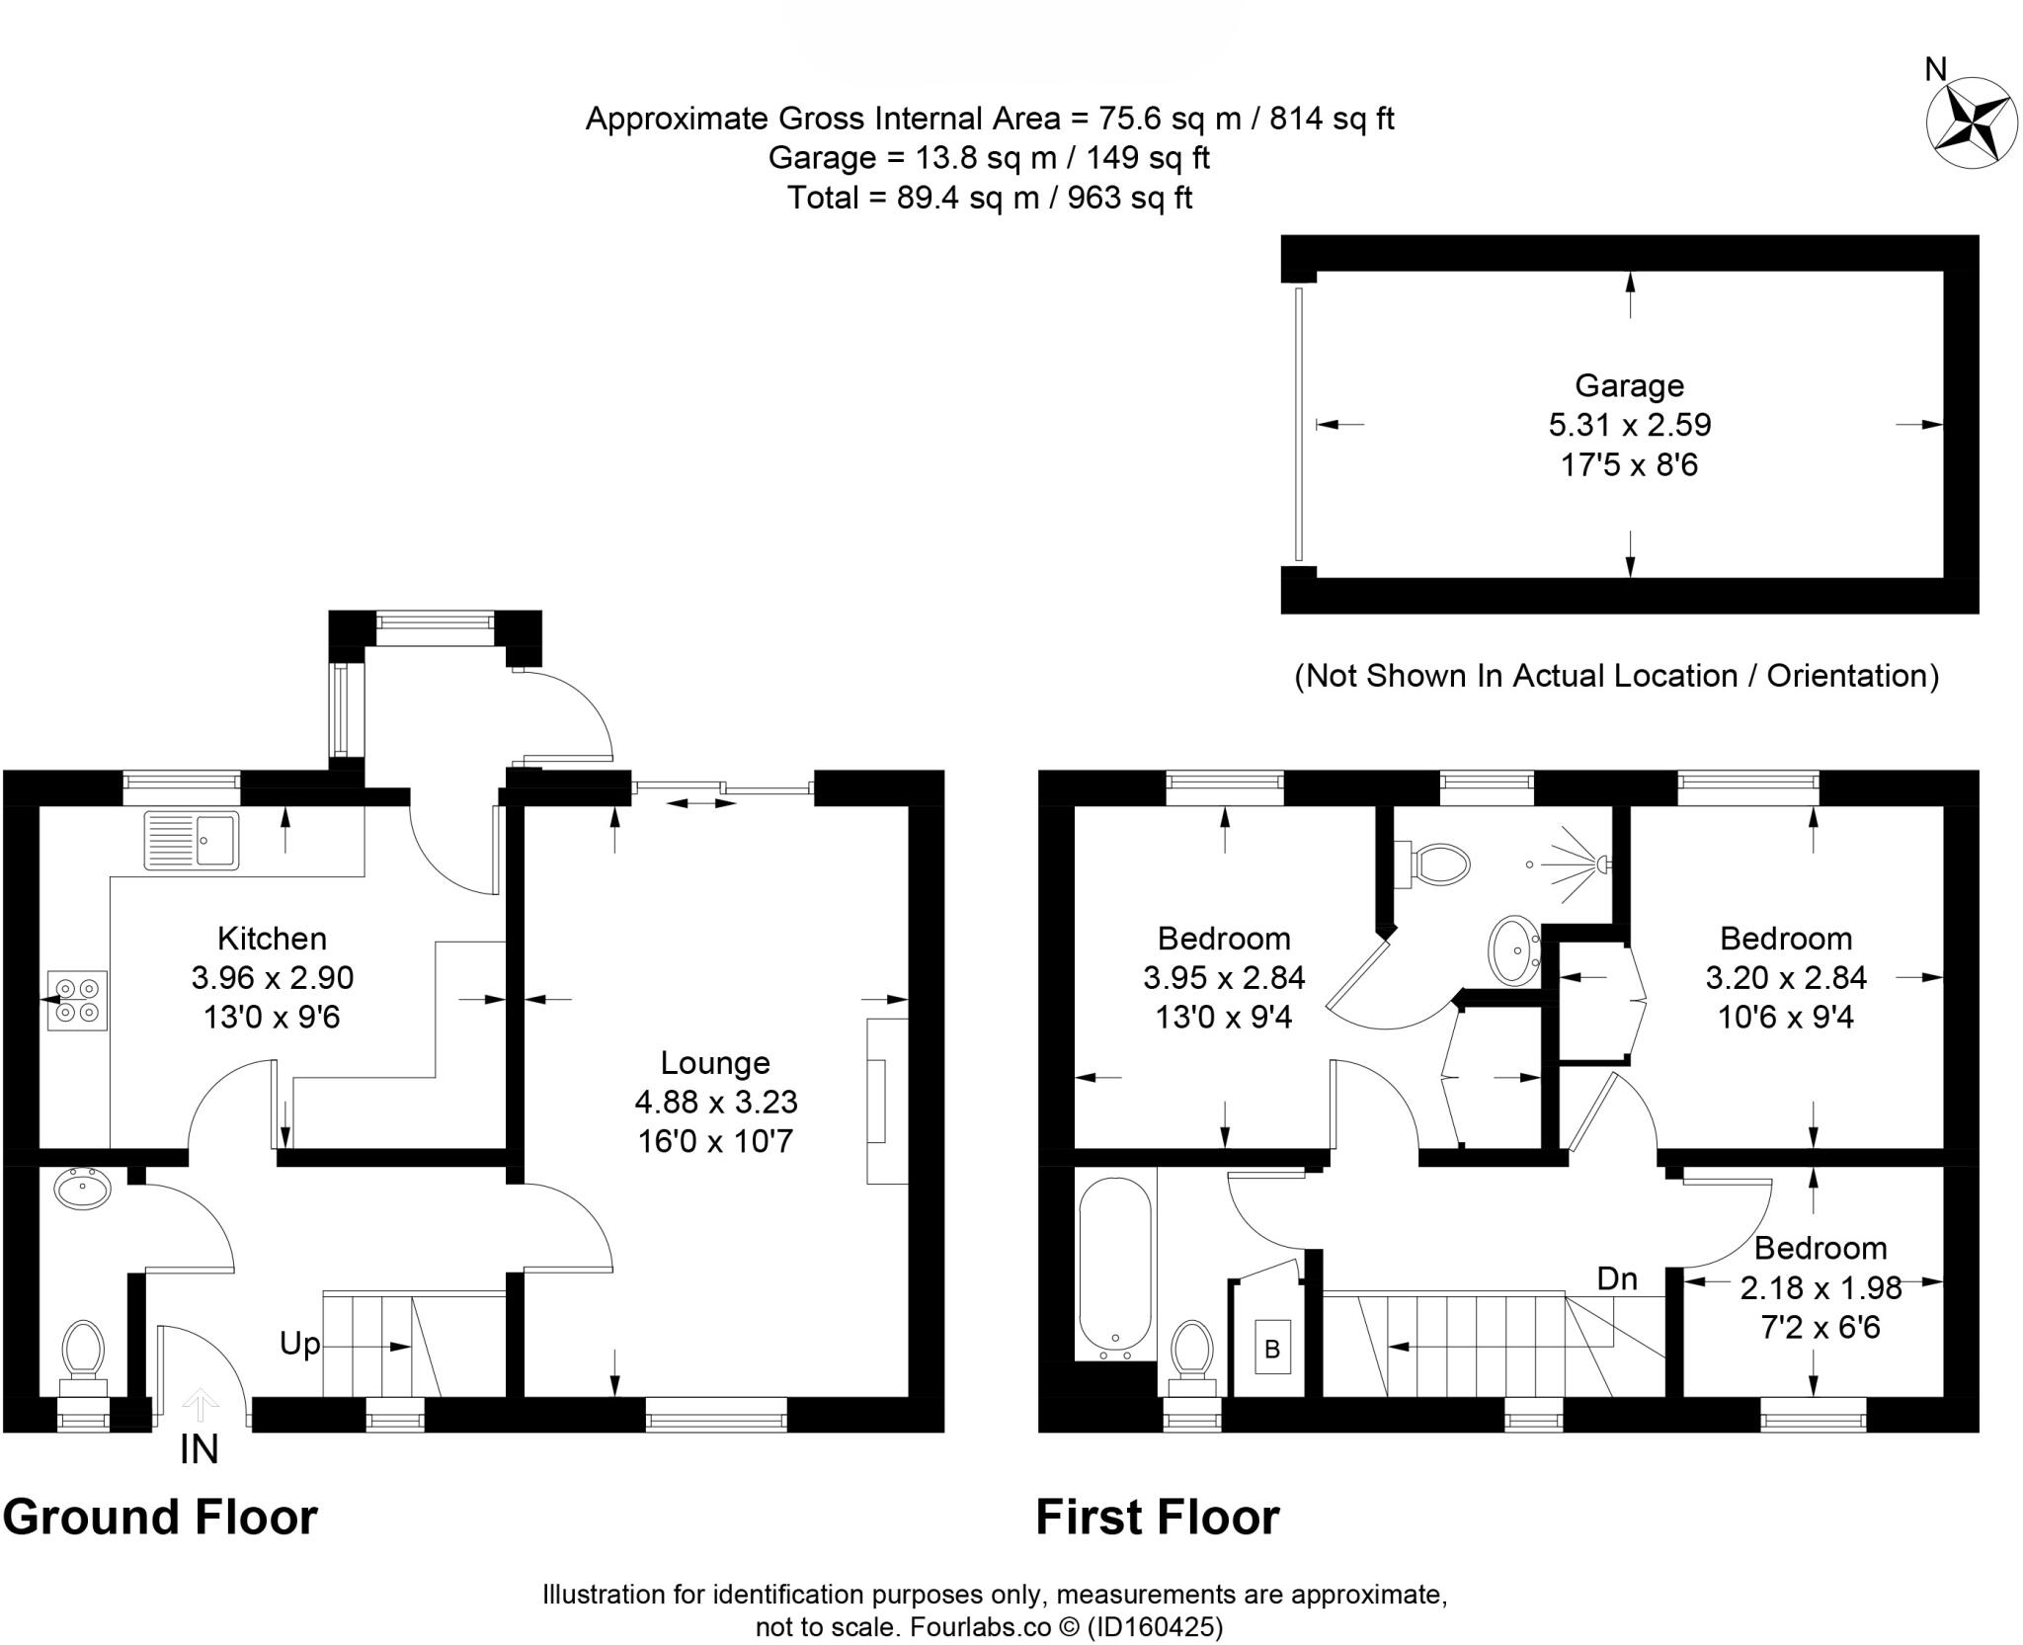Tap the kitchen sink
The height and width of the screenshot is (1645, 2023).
pyautogui.click(x=192, y=840)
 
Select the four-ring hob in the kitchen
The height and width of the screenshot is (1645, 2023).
pyautogui.click(x=77, y=1000)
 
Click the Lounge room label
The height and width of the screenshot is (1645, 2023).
pyautogui.click(x=715, y=1063)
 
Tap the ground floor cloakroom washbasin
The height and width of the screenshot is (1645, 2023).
pyautogui.click(x=83, y=1188)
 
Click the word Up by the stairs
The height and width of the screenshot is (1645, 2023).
pyautogui.click(x=299, y=1344)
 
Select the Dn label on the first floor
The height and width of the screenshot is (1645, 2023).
pyautogui.click(x=1617, y=1278)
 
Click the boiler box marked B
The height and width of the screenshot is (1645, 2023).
pyautogui.click(x=1272, y=1348)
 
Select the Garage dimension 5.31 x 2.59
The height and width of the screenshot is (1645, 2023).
pyautogui.click(x=1629, y=425)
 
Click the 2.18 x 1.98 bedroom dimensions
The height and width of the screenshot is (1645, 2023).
pyautogui.click(x=1820, y=1287)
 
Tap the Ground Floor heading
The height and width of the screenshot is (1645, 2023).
pyautogui.click(x=160, y=1517)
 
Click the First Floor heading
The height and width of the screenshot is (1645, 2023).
pyautogui.click(x=1157, y=1517)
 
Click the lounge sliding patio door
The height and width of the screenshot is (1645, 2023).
pyautogui.click(x=724, y=787)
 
